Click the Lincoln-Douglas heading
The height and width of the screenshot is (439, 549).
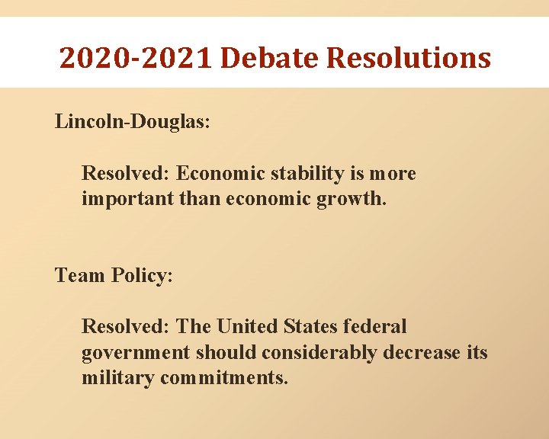(x=133, y=122)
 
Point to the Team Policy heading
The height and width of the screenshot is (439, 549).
(x=114, y=275)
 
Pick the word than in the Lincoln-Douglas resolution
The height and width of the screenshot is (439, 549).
(x=197, y=200)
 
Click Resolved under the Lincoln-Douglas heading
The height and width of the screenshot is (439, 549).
(x=125, y=174)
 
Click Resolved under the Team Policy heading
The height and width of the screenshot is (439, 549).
(x=125, y=327)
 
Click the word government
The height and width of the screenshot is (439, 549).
(x=136, y=354)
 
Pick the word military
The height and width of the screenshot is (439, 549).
(x=117, y=378)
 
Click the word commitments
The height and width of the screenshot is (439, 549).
(x=224, y=378)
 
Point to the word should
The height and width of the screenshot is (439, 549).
(x=223, y=354)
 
